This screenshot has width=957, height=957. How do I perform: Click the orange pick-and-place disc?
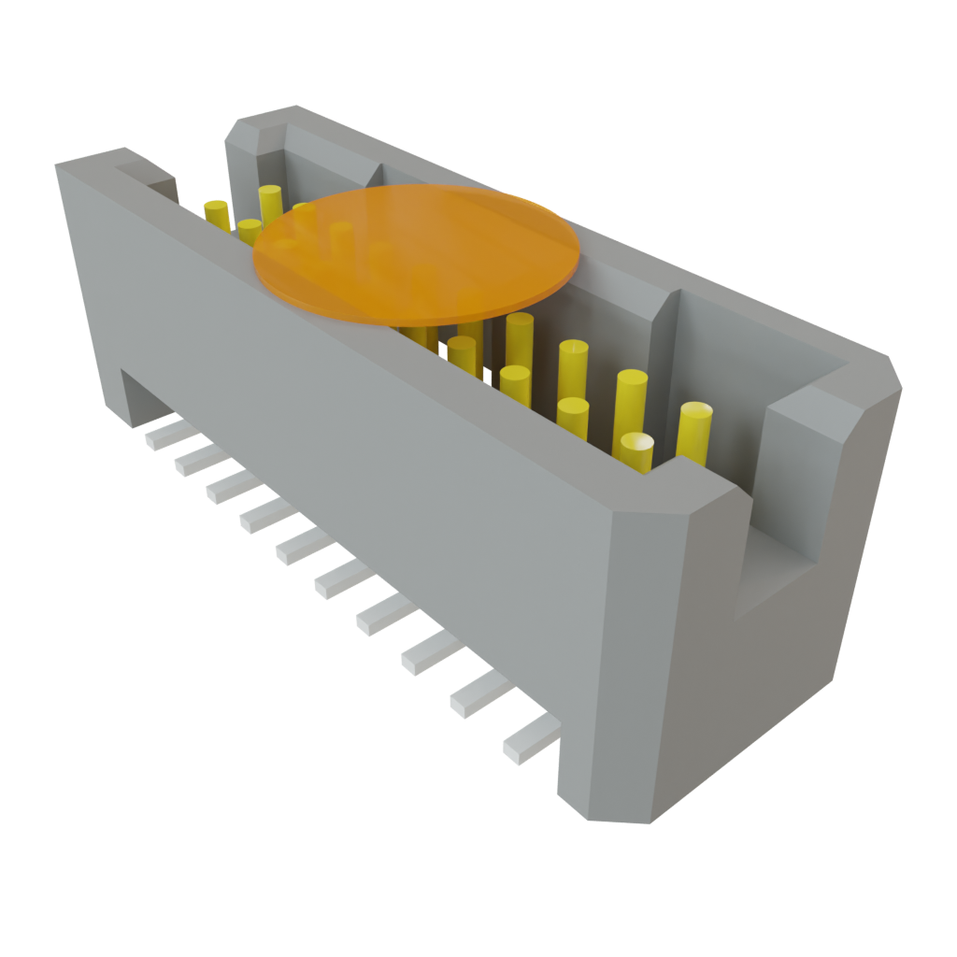pyautogui.click(x=417, y=253)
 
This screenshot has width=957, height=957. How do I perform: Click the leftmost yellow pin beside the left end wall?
pyautogui.click(x=216, y=214)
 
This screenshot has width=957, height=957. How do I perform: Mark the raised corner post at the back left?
pyautogui.click(x=257, y=126)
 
